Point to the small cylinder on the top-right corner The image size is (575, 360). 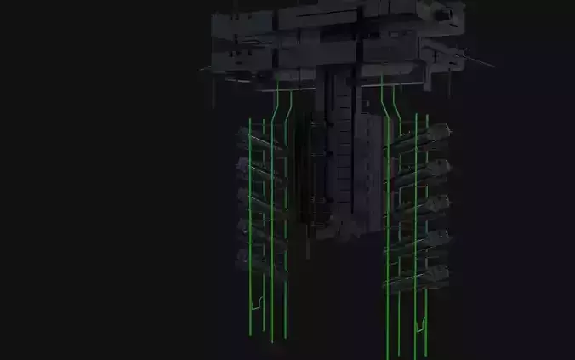pos(444,14)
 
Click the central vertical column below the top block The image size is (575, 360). pos(340,153)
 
